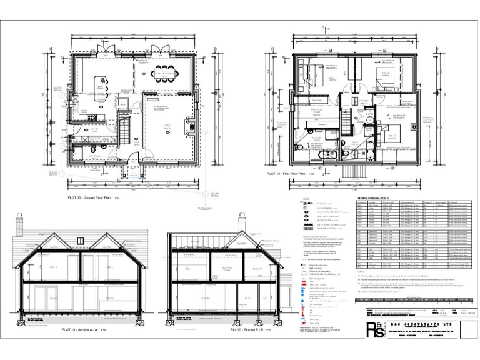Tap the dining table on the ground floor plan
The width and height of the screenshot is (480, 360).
[x=166, y=73]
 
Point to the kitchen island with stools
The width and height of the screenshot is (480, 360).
[x=101, y=85]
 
